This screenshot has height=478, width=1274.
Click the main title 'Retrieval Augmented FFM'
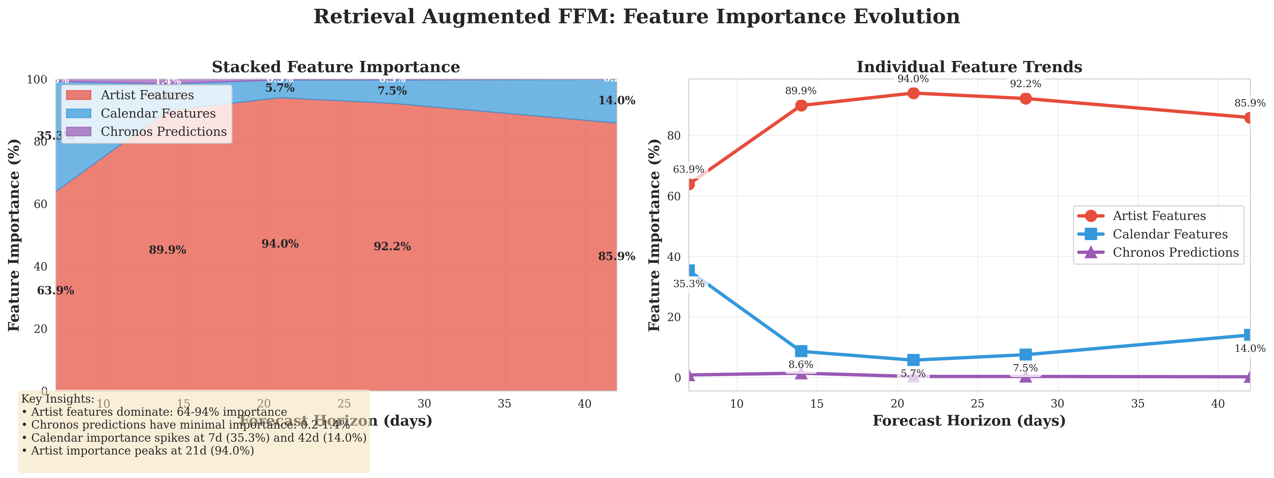[x=637, y=17]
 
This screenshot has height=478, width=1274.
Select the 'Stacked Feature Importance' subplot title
[x=336, y=67]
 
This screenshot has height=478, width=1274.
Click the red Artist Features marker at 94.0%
[x=913, y=93]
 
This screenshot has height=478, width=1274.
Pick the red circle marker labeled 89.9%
[x=801, y=105]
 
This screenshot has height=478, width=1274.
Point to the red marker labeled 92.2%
[x=1026, y=98]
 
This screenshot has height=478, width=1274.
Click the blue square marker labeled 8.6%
[x=801, y=351]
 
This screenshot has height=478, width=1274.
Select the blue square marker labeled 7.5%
[x=1026, y=355]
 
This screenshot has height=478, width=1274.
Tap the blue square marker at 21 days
[x=913, y=360]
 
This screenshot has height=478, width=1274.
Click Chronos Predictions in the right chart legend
[x=1175, y=252]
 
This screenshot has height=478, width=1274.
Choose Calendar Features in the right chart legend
[x=1170, y=234]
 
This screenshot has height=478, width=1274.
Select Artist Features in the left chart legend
[x=147, y=95]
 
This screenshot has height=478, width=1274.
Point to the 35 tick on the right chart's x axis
[x=1137, y=404]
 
